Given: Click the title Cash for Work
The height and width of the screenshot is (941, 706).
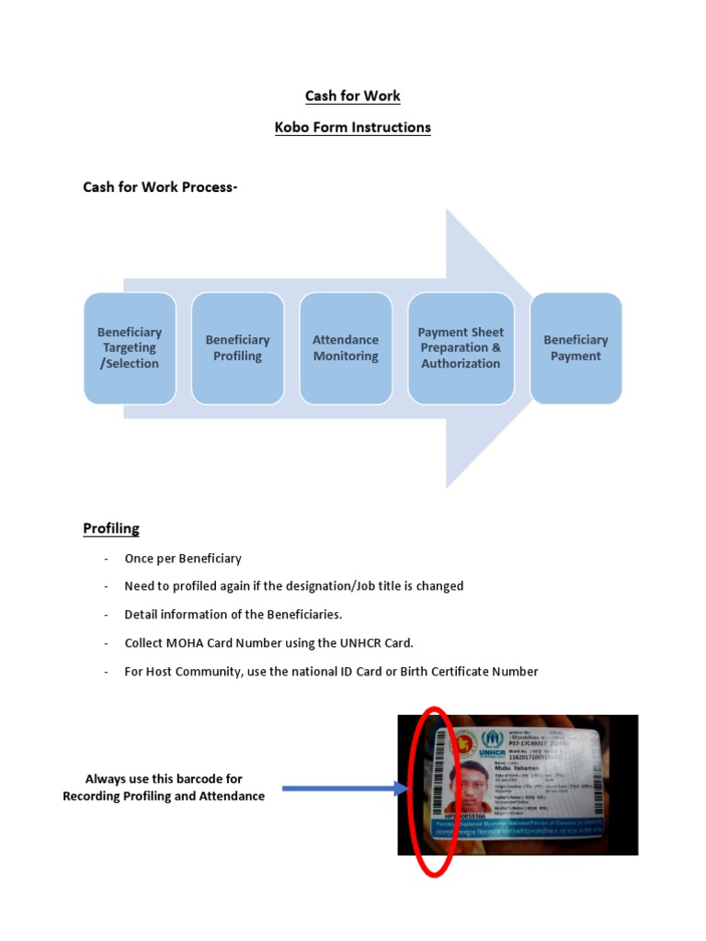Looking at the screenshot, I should click(352, 96).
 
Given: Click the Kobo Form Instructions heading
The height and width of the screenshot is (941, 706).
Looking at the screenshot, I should click(352, 127).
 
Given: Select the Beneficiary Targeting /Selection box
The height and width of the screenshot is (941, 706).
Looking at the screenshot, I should click(130, 348).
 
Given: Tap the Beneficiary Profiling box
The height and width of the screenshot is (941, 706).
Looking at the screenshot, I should click(237, 348).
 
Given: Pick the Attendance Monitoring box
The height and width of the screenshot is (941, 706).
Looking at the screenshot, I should click(346, 348).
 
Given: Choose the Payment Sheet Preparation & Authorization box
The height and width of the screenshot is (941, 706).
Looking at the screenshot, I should click(461, 348).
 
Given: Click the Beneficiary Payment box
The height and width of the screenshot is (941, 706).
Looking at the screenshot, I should click(575, 348).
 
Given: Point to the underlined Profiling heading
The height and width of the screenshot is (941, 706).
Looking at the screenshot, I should click(111, 528).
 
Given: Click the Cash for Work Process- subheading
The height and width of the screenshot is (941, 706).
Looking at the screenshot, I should click(160, 187).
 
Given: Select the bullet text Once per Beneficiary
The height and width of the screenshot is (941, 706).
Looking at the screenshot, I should click(183, 559).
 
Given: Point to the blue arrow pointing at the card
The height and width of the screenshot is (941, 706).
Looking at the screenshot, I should click(341, 788).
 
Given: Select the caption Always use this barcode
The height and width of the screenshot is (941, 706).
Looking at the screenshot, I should click(164, 779).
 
